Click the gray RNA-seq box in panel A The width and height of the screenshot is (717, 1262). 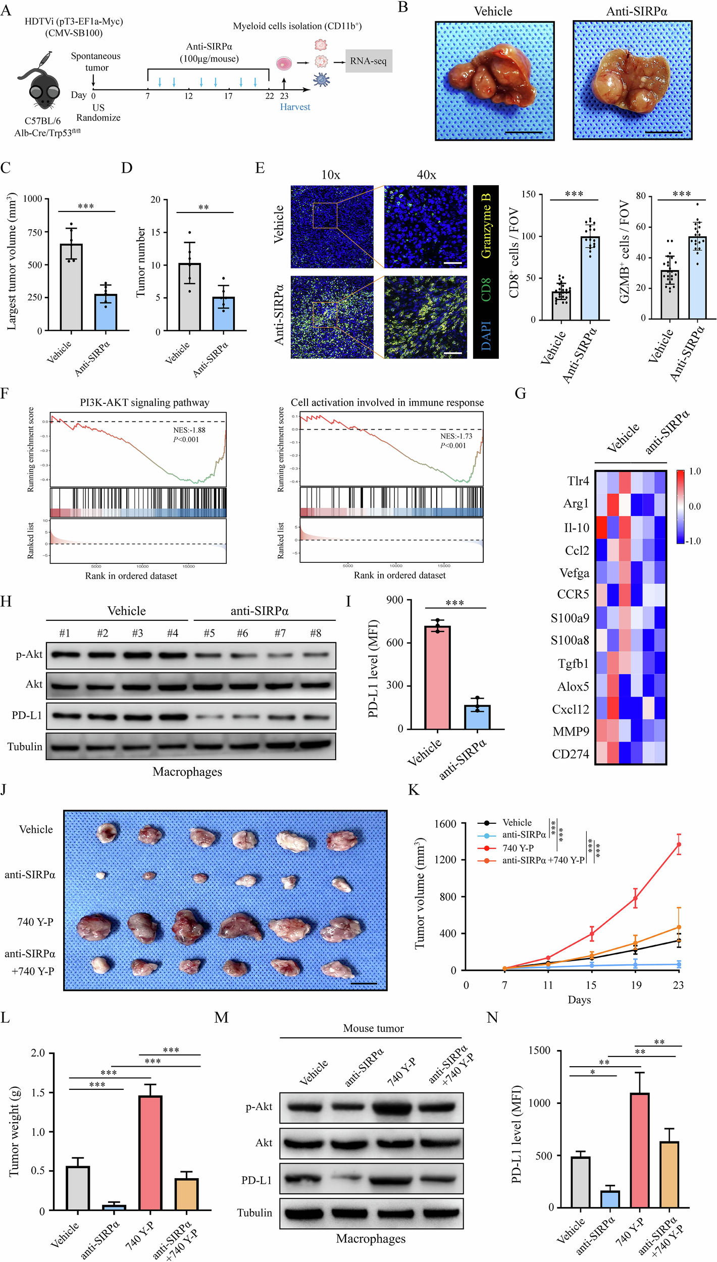tap(369, 61)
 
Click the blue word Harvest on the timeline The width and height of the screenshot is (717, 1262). tap(295, 107)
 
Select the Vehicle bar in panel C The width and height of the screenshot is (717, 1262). tap(71, 288)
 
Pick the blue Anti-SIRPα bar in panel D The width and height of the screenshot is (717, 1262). tap(223, 314)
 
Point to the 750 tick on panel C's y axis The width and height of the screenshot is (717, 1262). tap(35, 232)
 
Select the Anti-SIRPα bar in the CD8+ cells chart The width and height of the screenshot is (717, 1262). tap(590, 278)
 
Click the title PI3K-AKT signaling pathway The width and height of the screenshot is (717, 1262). tap(144, 402)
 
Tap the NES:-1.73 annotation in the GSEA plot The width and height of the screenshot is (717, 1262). tap(456, 436)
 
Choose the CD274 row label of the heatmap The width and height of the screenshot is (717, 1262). tap(571, 754)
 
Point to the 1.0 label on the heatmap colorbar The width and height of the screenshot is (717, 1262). tap(695, 471)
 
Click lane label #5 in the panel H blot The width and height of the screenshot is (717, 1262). tap(209, 633)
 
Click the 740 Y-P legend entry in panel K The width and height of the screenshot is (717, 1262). tap(518, 848)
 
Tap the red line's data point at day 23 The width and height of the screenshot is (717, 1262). tap(679, 844)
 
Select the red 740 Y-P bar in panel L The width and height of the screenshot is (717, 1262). tap(150, 1152)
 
